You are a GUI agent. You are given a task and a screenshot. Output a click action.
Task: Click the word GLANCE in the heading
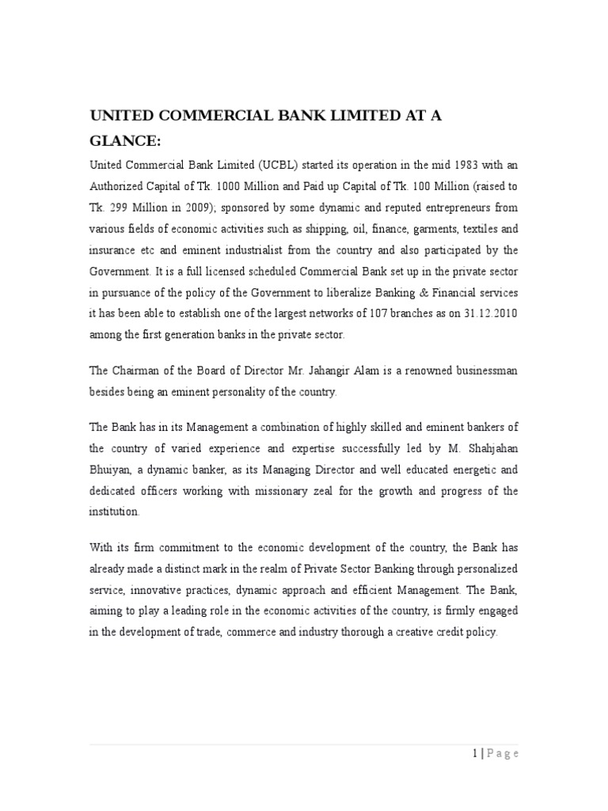point(124,141)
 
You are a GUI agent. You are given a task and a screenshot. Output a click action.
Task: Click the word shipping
point(326,229)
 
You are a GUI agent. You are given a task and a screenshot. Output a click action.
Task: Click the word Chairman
point(136,371)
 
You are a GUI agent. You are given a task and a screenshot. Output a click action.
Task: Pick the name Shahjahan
point(487,449)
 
